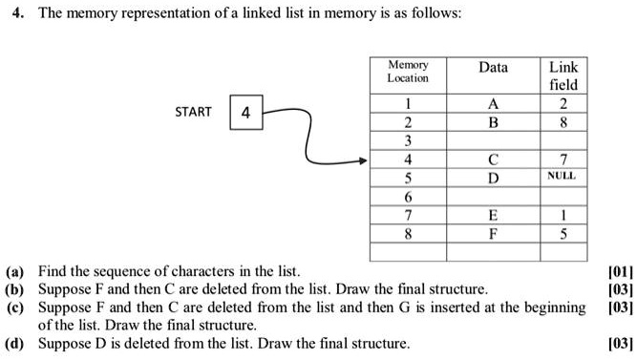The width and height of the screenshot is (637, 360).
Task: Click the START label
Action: pyautogui.click(x=193, y=112)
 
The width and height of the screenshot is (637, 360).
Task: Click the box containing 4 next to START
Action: pyautogui.click(x=245, y=113)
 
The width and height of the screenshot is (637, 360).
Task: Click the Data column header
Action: pyautogui.click(x=493, y=68)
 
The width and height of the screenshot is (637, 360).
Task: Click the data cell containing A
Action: pyautogui.click(x=493, y=104)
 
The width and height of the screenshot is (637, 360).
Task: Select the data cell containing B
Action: pyautogui.click(x=493, y=122)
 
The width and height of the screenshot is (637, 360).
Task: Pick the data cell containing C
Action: pyautogui.click(x=493, y=159)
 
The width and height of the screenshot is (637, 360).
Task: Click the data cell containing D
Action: pyautogui.click(x=493, y=178)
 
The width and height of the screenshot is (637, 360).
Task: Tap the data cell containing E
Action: pyautogui.click(x=493, y=215)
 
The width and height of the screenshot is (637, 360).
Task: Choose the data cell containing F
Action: pyautogui.click(x=493, y=233)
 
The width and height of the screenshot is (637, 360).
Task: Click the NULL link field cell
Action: pyautogui.click(x=562, y=178)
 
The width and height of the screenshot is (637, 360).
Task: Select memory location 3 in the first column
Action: pyautogui.click(x=408, y=141)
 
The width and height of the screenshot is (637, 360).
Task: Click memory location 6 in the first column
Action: pyautogui.click(x=408, y=197)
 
